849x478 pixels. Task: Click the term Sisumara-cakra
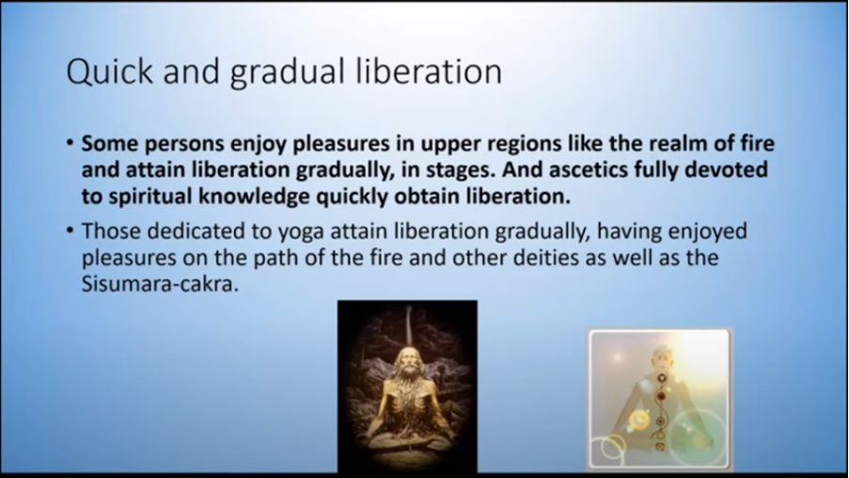click(x=160, y=283)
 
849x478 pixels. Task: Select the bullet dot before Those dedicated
click(x=70, y=231)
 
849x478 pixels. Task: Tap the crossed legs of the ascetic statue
click(x=407, y=439)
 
